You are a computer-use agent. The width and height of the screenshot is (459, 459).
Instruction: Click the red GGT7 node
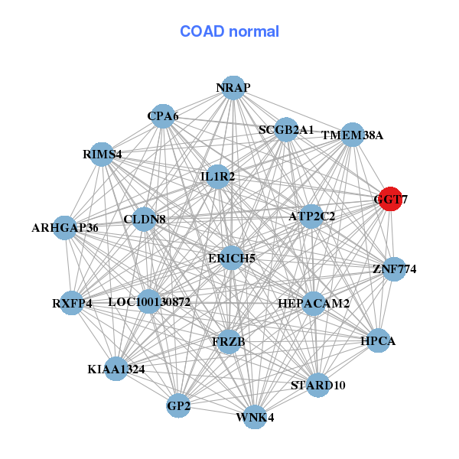(x=390, y=198)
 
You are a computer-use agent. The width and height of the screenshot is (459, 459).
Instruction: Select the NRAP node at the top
(x=233, y=88)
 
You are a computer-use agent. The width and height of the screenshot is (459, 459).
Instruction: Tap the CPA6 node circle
(x=162, y=116)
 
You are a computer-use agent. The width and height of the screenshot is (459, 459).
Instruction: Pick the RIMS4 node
(x=102, y=154)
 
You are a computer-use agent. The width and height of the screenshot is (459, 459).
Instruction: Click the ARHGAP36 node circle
(x=66, y=227)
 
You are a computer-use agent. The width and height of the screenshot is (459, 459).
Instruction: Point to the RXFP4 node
(x=72, y=302)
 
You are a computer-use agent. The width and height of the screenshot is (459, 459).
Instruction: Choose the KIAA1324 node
(x=116, y=369)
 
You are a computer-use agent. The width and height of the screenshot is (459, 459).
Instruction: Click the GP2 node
(x=178, y=405)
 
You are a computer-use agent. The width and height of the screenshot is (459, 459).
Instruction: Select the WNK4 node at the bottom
(x=256, y=417)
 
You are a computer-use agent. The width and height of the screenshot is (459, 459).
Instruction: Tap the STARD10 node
(x=317, y=385)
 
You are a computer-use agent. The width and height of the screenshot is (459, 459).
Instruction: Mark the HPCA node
(x=377, y=340)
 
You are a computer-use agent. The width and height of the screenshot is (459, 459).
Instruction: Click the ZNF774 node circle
(x=394, y=269)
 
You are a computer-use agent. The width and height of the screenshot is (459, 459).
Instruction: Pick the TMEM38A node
(x=352, y=135)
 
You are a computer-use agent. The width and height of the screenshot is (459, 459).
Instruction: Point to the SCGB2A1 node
(x=286, y=129)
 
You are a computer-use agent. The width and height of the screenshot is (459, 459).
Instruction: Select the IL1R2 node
(x=218, y=176)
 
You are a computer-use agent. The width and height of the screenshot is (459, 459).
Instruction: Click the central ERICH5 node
(x=232, y=258)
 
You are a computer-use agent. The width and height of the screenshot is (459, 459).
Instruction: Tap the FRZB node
(x=229, y=341)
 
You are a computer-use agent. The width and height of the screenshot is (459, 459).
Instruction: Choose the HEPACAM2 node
(x=314, y=303)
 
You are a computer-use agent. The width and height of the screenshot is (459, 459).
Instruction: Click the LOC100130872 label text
(x=149, y=302)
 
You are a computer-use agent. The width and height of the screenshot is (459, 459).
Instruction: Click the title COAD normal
(x=229, y=32)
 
